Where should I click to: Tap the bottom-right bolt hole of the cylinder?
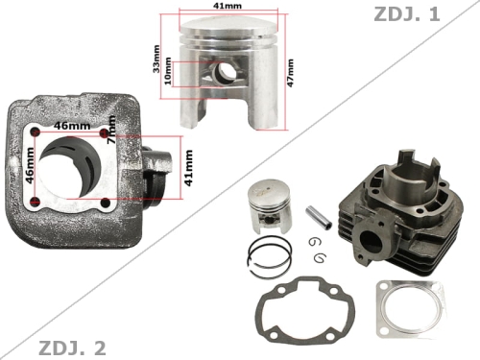coord(107,203)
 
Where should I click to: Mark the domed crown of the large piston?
coord(229,30)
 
